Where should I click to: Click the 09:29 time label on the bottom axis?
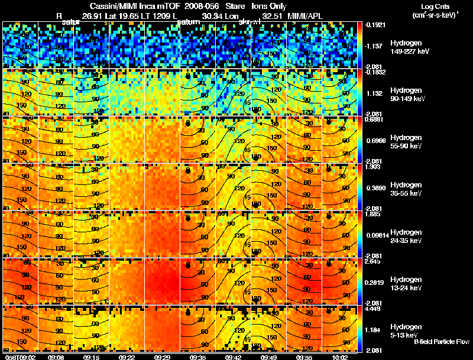(x=163, y=356)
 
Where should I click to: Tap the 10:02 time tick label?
(x=342, y=356)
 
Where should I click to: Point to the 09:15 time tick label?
(x=92, y=356)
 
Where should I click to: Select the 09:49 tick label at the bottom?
(x=269, y=356)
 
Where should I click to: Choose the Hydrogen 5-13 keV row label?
(x=406, y=330)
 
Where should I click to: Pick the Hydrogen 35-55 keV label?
(x=406, y=189)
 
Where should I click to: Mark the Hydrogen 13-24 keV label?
(x=406, y=283)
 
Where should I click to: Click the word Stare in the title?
(x=236, y=6)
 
